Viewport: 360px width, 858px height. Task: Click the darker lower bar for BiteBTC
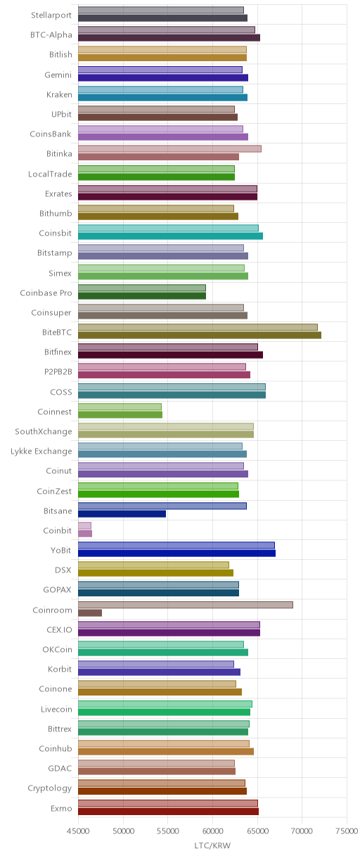[x=200, y=335]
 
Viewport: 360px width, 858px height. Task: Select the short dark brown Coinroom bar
[x=90, y=613]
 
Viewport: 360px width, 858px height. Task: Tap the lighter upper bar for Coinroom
[x=186, y=605]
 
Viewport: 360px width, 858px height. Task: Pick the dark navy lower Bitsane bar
[x=122, y=514]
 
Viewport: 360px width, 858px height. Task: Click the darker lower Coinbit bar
[x=85, y=534]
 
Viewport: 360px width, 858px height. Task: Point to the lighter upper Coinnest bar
[x=120, y=406]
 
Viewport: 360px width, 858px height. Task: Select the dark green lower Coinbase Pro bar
[x=142, y=295]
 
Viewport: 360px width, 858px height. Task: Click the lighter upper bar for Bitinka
[x=169, y=148]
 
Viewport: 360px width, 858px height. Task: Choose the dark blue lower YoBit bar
[x=176, y=553]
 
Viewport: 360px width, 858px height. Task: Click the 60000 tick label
[x=212, y=831]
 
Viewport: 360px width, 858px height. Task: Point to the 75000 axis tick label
[x=347, y=831]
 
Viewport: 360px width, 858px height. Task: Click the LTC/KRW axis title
[x=212, y=846]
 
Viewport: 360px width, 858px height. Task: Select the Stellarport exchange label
[x=51, y=15]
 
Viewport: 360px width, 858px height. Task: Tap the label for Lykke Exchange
[x=41, y=452]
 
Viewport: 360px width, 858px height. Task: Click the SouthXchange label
[x=44, y=431]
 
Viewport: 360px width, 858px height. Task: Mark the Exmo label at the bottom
[x=61, y=808]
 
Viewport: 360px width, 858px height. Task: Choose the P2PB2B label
[x=58, y=371]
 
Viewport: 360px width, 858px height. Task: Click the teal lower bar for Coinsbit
[x=170, y=236]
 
